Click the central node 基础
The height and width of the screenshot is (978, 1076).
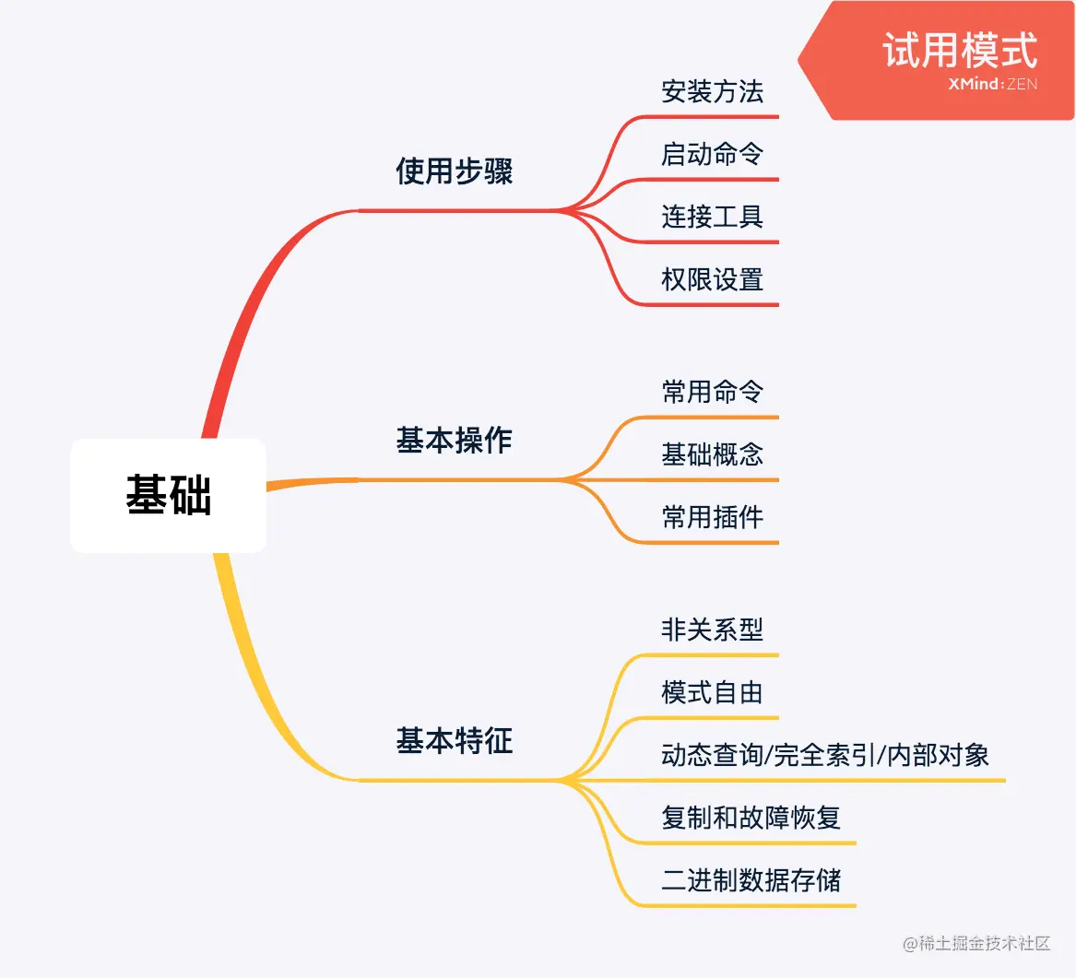point(169,495)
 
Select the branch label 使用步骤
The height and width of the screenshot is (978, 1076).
point(454,171)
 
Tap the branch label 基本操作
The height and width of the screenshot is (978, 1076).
point(454,441)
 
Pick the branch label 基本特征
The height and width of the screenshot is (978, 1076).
point(454,741)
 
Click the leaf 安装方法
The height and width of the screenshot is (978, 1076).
point(712,92)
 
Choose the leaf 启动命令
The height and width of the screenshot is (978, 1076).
point(712,154)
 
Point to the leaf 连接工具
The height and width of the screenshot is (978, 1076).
point(712,218)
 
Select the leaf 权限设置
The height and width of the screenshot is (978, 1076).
point(712,279)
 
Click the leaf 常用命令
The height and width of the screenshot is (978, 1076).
point(712,393)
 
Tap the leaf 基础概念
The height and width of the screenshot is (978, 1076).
point(712,454)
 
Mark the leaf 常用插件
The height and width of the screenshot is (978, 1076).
point(712,517)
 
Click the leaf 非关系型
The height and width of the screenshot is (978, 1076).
point(712,630)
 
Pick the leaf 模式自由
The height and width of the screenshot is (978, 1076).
point(712,692)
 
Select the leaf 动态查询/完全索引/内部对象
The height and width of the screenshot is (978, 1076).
point(824,756)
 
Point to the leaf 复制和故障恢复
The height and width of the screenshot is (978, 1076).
point(751,818)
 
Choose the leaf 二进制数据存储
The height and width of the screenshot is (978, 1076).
point(751,880)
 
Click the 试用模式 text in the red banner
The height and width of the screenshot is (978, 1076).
point(959,50)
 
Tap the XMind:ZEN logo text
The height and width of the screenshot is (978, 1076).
point(992,85)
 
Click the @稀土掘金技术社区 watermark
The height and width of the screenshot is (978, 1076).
point(976,943)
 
